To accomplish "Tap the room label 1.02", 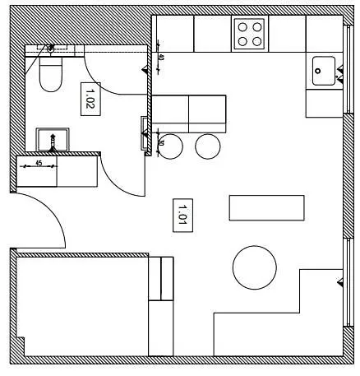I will [90, 98].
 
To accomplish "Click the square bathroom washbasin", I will [53, 139].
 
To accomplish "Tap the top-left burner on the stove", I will [243, 26].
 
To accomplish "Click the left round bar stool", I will [170, 146].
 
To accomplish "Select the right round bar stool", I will [208, 146].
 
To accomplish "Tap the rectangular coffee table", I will [266, 207].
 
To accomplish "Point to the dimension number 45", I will [39, 163].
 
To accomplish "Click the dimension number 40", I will [160, 58].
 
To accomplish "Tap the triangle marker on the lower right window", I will [339, 283].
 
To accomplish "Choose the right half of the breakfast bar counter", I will [207, 112].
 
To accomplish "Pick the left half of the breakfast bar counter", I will [171, 112].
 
